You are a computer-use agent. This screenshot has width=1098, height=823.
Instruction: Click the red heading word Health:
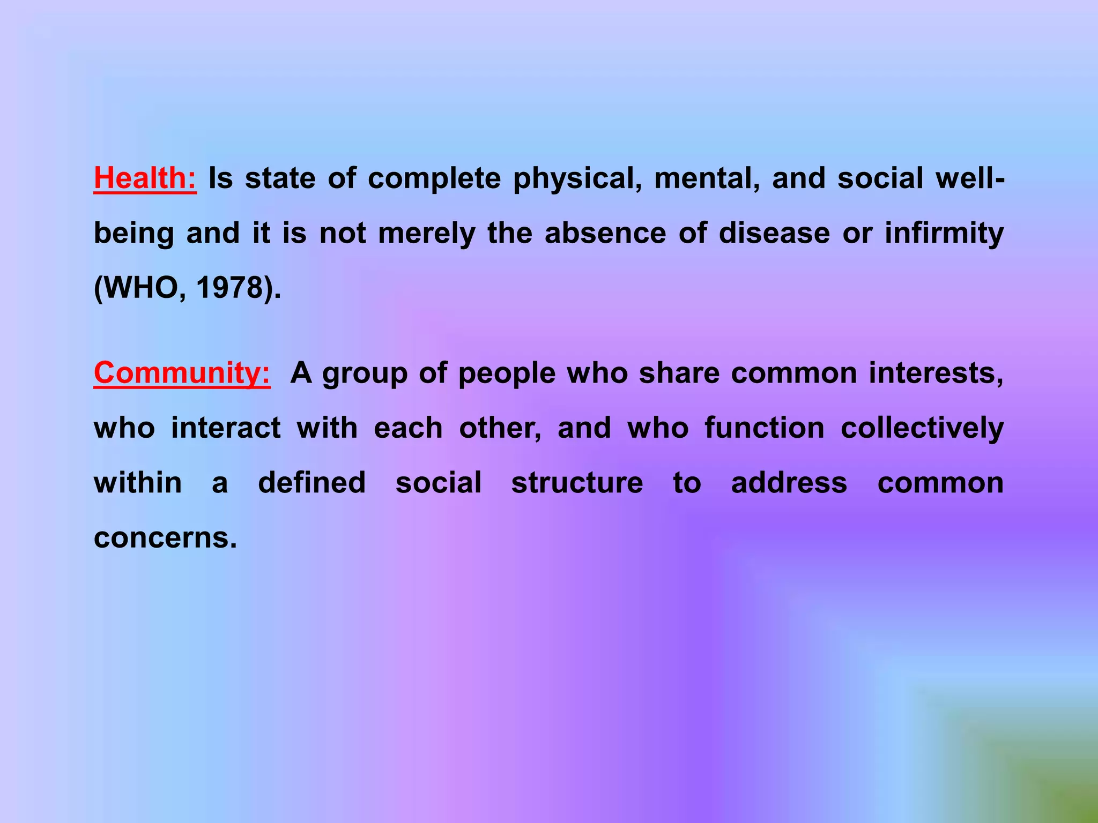pos(145,178)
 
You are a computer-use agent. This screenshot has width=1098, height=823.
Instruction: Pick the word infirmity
pos(944,234)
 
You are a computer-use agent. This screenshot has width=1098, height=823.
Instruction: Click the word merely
pos(427,234)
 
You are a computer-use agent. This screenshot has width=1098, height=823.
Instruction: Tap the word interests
pos(936,373)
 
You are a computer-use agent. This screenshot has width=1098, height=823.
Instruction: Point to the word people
pos(507,374)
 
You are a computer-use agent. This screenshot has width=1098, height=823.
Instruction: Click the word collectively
pos(922,428)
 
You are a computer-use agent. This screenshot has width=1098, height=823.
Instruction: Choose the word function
pos(764,428)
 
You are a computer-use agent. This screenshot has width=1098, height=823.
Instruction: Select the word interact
pos(226,428)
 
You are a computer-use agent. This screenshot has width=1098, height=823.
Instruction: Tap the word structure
pos(577,483)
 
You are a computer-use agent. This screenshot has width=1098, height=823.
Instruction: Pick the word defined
pos(311,483)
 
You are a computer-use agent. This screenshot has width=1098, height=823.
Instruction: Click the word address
pos(789,483)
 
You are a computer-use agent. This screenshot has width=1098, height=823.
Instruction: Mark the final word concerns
pos(165,537)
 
